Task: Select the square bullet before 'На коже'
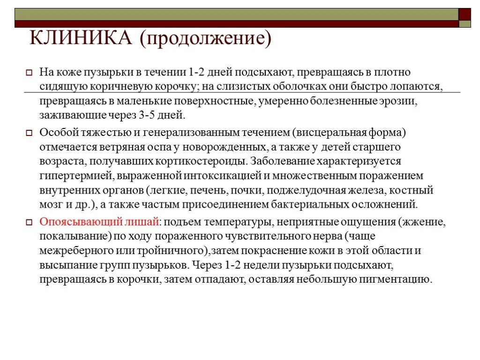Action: [x=29, y=73]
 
